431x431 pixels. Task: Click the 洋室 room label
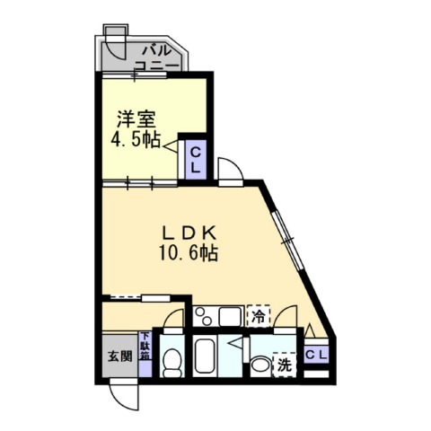tap(136, 119)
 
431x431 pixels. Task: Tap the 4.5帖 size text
tap(136, 139)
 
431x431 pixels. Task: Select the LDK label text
tap(189, 233)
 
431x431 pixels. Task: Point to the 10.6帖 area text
tap(189, 253)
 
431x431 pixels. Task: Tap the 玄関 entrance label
tap(120, 356)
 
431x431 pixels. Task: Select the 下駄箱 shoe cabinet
tap(145, 355)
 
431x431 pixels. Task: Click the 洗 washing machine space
tap(285, 365)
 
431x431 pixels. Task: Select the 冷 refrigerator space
tap(259, 316)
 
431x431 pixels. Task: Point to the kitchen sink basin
tap(230, 316)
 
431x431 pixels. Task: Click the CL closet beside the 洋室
tap(196, 160)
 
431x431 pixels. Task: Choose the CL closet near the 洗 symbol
tap(317, 355)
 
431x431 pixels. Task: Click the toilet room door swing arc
tap(171, 314)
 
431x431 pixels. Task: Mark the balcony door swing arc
tap(114, 53)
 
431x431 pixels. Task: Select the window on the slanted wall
tap(288, 240)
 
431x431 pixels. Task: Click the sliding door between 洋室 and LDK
tap(140, 183)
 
